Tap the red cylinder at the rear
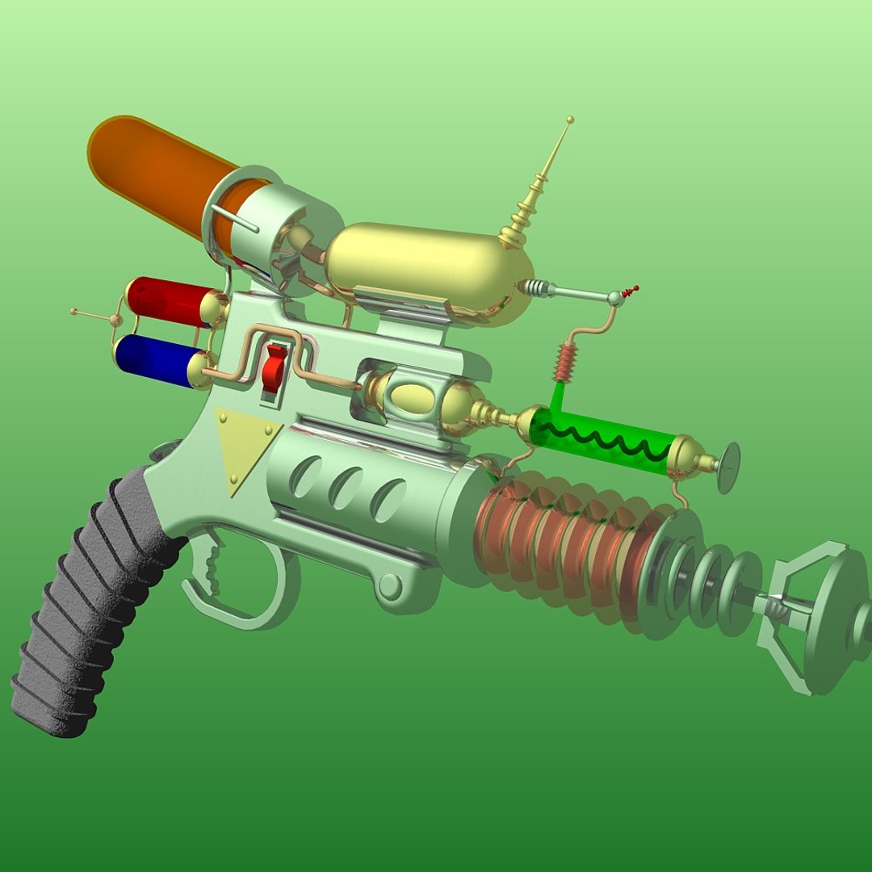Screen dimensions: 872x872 point(166,300)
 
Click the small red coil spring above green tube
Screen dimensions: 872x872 point(566,363)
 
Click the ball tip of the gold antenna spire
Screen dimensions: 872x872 point(571,120)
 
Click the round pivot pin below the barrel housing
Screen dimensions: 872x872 point(390,585)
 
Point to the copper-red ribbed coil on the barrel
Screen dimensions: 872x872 point(557,541)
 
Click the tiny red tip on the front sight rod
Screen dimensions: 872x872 point(634,288)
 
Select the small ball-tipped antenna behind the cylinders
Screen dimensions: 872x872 point(75,311)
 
